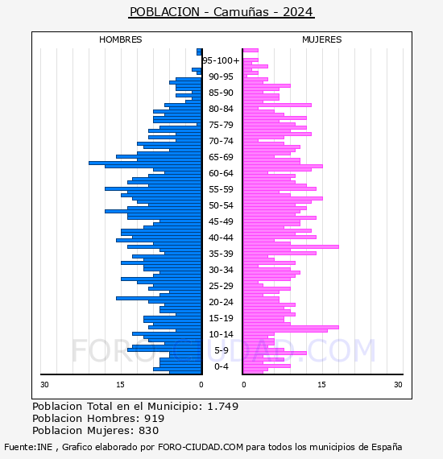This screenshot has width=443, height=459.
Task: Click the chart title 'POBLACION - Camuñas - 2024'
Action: point(221,12)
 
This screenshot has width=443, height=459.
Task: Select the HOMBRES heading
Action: point(120,39)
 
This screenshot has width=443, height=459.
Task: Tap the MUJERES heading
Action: point(322,39)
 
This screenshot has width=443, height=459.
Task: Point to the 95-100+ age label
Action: point(221,60)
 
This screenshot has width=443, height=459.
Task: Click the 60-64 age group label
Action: point(221,173)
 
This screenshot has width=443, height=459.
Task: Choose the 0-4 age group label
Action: point(221,366)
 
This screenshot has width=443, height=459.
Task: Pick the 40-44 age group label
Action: point(221,238)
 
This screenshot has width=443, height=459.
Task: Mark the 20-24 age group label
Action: point(221,302)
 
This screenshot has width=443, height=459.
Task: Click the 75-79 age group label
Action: point(221,125)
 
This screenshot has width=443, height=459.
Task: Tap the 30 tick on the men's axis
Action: point(44,385)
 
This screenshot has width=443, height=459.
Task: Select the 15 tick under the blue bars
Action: point(120,385)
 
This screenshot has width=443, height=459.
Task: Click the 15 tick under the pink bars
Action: point(321,385)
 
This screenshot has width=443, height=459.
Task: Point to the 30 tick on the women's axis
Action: point(398,385)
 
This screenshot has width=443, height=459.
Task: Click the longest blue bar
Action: point(145,163)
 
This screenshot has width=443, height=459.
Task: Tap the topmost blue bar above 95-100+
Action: point(199,52)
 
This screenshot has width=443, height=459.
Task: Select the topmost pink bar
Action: point(250,51)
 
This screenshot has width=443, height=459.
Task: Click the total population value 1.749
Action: point(223,407)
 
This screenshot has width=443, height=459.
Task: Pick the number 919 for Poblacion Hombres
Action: point(155,419)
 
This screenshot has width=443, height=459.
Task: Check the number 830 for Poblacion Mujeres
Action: point(148,431)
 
